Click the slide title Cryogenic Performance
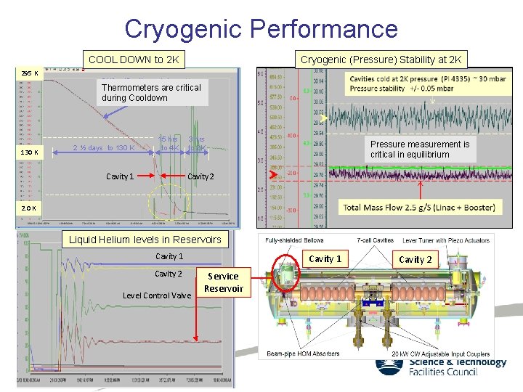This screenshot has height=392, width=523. (x=261, y=28)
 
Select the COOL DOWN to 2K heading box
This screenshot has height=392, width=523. (x=133, y=60)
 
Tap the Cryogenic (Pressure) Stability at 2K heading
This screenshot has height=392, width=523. (x=381, y=60)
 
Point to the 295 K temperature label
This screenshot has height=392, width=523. (x=31, y=74)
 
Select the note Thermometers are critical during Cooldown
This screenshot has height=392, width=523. (x=151, y=92)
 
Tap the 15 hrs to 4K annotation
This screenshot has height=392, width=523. (x=169, y=144)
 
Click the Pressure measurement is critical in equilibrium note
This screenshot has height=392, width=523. (x=420, y=149)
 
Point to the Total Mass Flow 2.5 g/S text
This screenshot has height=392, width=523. (x=419, y=208)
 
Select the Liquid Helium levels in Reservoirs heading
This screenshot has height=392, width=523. (x=145, y=240)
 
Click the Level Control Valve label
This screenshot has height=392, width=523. (x=157, y=295)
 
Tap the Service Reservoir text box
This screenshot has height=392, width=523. (x=223, y=282)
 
